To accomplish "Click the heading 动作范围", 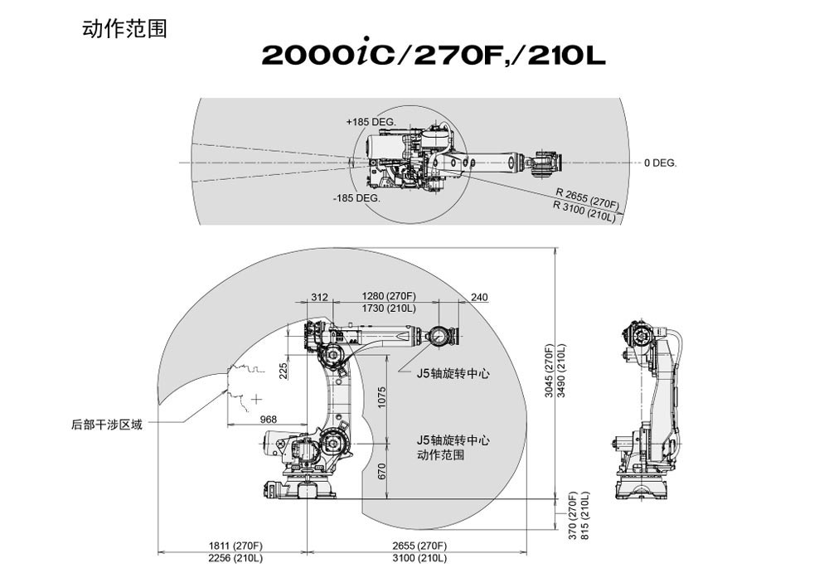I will [x=124, y=29].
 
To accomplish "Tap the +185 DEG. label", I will [x=371, y=122].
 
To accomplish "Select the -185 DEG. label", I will [x=356, y=199].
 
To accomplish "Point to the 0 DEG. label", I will [x=661, y=163].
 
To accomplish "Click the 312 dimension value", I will [x=319, y=297].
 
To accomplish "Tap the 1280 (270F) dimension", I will [x=389, y=297].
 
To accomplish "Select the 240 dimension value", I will [x=478, y=297].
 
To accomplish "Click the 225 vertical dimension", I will [x=284, y=368].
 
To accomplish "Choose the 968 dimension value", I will [x=268, y=420].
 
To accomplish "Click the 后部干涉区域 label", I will [x=107, y=425].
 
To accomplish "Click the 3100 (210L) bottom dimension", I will [x=419, y=558].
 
